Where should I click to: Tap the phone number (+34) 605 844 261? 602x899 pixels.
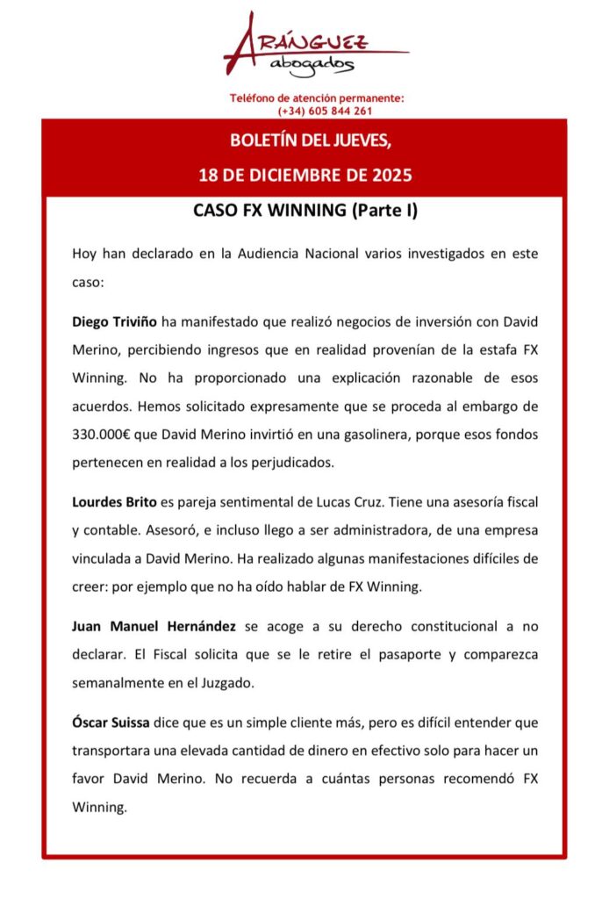click(x=324, y=111)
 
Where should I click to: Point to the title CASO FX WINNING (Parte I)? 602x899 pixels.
click(x=305, y=212)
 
